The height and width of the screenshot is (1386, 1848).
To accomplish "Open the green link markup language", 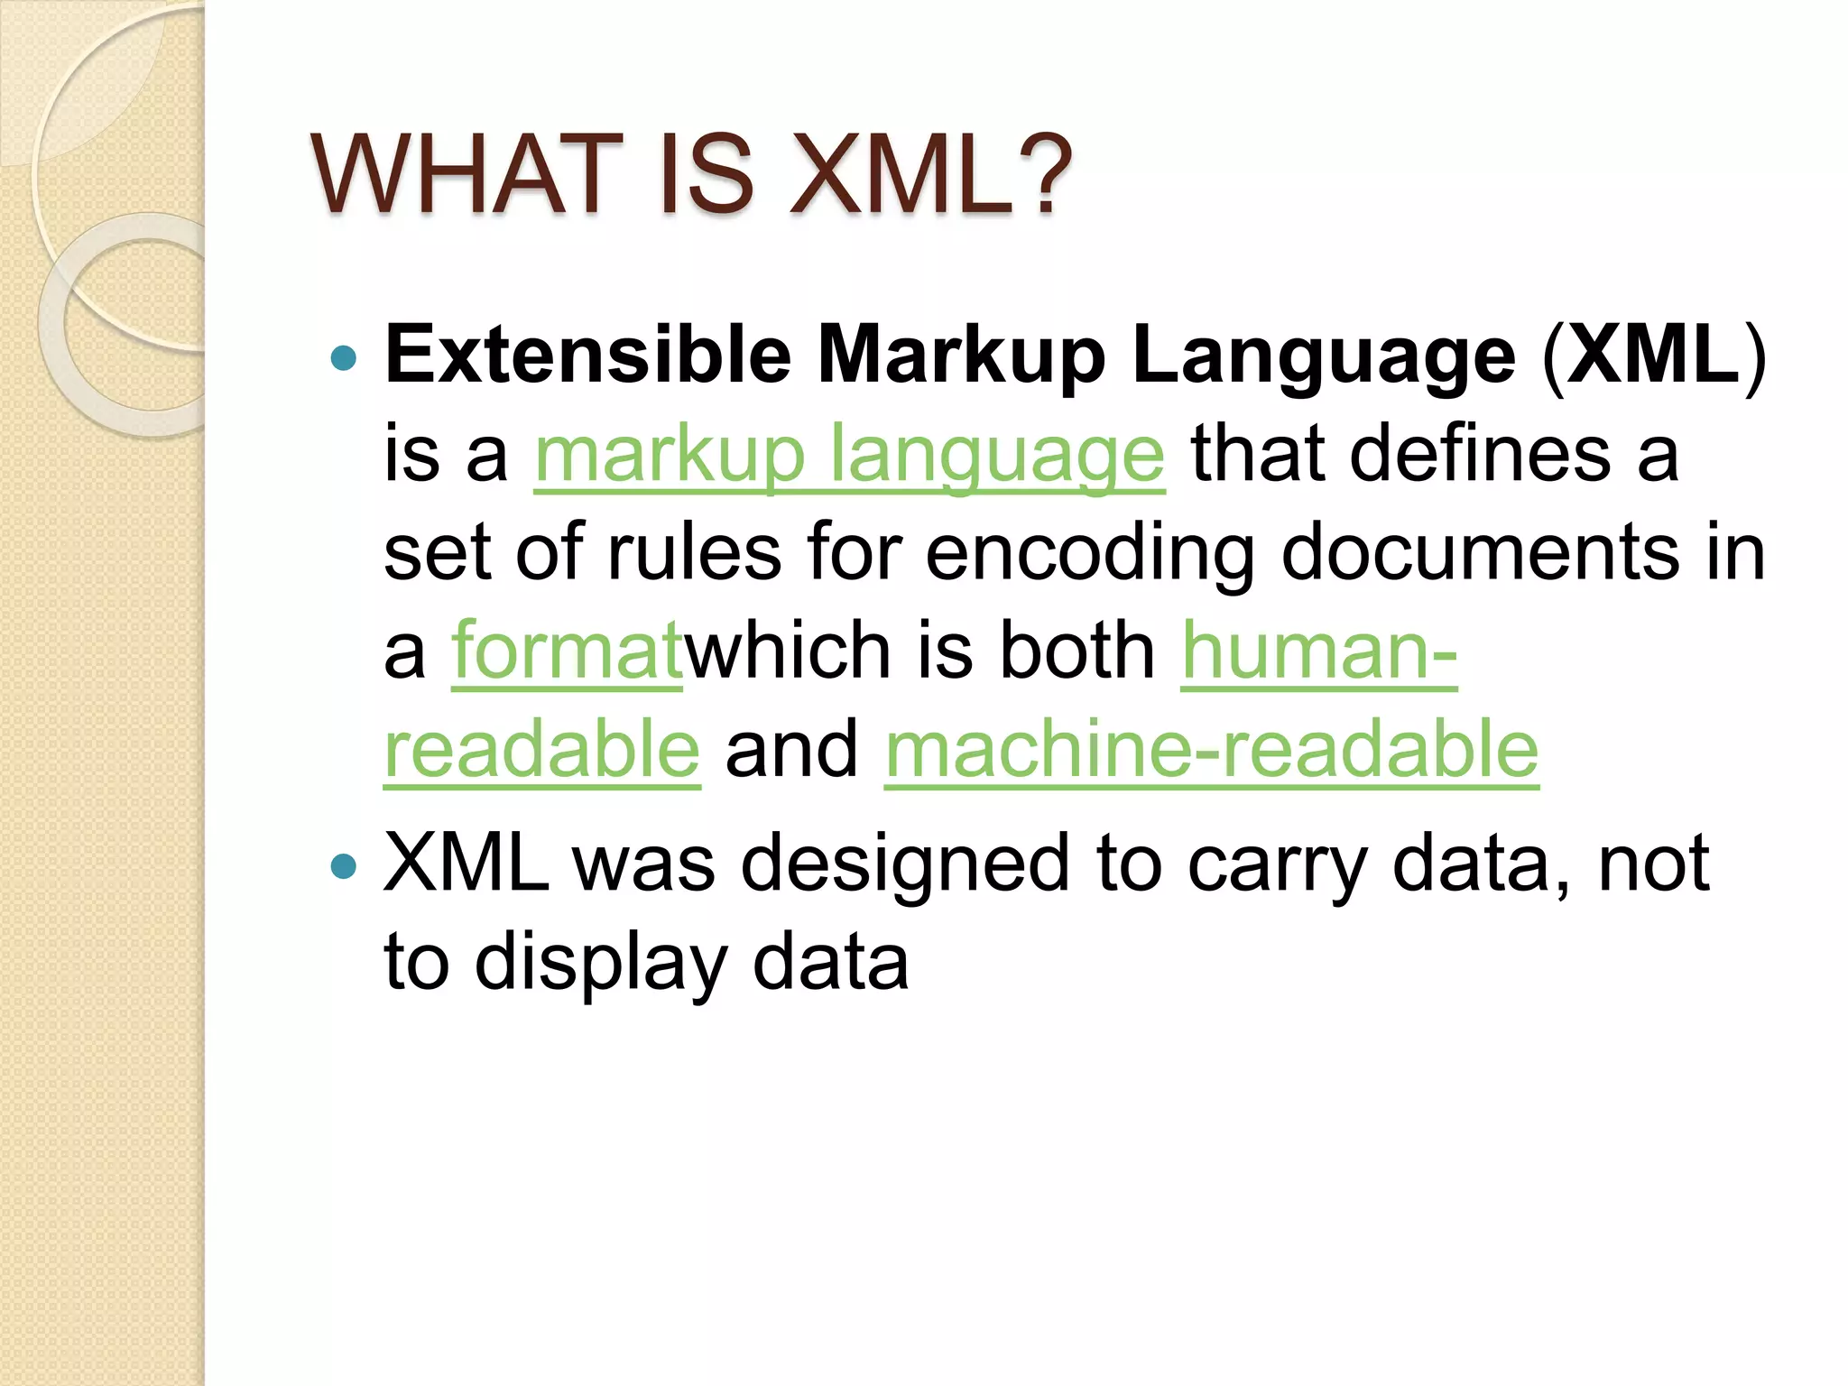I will pos(849,456).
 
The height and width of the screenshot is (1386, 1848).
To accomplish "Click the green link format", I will pos(567,651).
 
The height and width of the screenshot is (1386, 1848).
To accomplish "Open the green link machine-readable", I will pos(1211,751).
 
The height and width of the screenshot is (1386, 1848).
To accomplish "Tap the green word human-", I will pos(1318,651).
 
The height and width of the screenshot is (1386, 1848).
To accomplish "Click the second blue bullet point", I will pos(344,867).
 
